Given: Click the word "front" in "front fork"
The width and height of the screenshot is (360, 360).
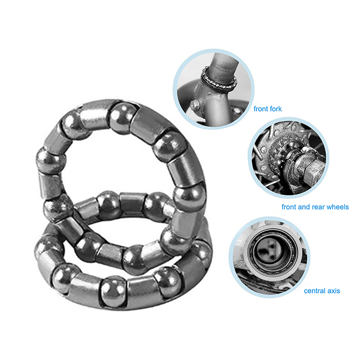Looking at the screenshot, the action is point(261,108).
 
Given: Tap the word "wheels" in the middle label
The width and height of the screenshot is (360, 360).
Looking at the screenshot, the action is point(337,207).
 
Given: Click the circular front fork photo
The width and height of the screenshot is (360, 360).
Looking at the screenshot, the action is point(213,89).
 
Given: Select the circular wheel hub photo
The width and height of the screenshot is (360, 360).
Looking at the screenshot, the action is point(288,158).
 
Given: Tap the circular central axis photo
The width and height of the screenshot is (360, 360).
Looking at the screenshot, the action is point(269,257).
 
